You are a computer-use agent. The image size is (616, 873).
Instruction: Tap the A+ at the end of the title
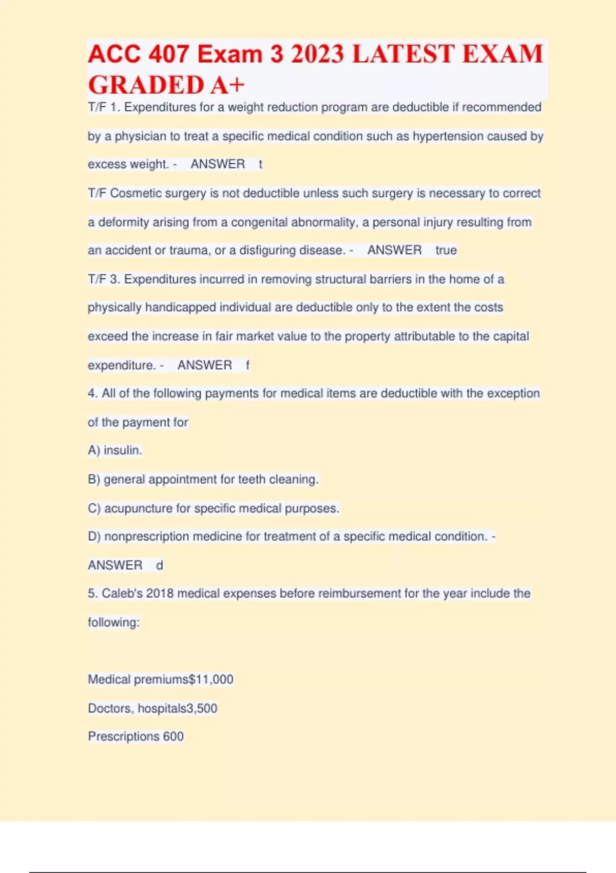click(227, 85)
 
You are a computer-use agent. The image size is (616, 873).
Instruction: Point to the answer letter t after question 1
click(260, 164)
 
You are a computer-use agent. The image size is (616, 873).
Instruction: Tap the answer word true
click(446, 250)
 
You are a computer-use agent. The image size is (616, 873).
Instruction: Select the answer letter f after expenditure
click(247, 365)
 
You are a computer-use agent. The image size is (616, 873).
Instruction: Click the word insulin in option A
click(122, 450)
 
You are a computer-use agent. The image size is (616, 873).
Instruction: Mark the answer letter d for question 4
click(160, 565)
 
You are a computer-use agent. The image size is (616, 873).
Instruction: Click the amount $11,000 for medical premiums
click(211, 679)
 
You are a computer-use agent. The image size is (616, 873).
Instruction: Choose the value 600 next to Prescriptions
click(173, 736)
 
